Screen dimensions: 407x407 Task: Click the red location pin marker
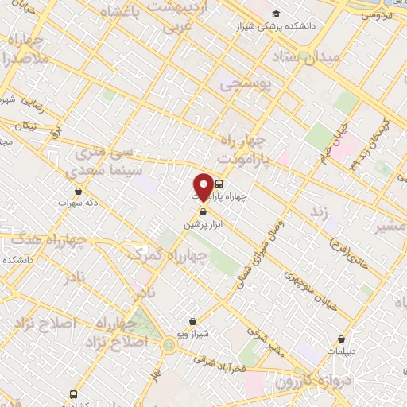203,186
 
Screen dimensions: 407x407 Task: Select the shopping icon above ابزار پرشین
203,212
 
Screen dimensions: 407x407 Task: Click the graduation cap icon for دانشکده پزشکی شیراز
276,14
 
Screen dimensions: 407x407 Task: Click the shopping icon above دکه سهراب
78,191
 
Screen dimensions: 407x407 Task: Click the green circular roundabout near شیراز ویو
170,345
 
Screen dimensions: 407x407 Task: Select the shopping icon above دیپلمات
342,339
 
